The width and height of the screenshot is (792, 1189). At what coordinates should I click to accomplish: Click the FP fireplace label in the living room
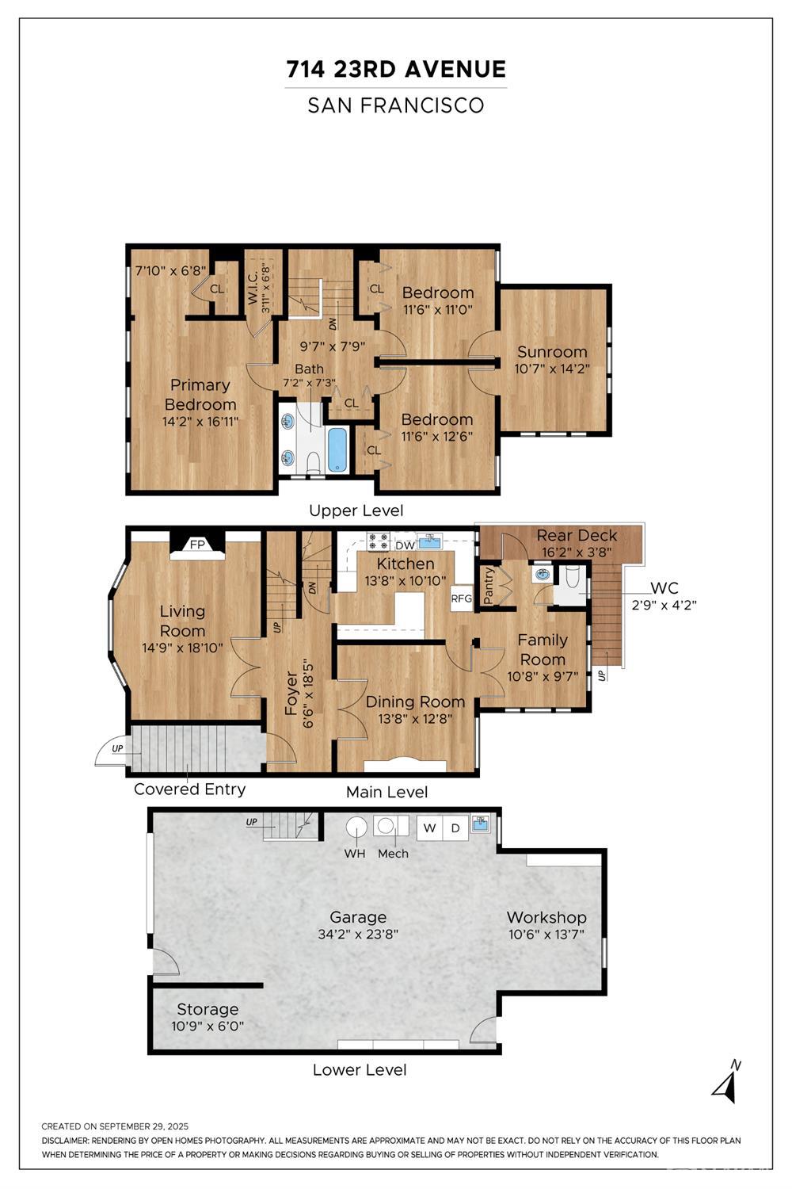point(197,545)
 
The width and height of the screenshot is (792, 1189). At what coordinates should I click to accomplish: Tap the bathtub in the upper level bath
point(337,449)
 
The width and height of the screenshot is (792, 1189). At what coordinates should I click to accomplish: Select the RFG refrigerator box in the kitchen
point(461,598)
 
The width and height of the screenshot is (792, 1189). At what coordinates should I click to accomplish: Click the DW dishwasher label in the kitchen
point(405,545)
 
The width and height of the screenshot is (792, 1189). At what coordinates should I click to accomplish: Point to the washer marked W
point(429,828)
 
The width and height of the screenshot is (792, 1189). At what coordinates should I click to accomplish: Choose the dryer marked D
point(455,828)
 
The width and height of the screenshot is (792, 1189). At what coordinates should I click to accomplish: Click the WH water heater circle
point(356,828)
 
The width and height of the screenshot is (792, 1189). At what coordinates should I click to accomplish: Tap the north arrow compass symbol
point(727,1083)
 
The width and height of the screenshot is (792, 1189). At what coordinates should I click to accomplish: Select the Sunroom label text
point(552,352)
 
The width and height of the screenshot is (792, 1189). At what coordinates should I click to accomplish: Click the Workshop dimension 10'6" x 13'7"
point(546,935)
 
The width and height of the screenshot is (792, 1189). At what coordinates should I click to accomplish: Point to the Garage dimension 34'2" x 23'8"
point(358,935)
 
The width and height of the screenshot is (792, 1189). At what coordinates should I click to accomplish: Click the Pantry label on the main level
point(489,585)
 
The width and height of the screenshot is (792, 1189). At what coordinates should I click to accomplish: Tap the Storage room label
point(208,1009)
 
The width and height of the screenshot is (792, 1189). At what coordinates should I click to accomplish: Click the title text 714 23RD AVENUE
point(396,70)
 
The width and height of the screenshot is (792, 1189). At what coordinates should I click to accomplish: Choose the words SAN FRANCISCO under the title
point(396,105)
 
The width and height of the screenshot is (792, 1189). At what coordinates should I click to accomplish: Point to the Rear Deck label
point(577,536)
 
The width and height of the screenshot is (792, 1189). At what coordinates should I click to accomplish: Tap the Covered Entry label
point(189,789)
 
